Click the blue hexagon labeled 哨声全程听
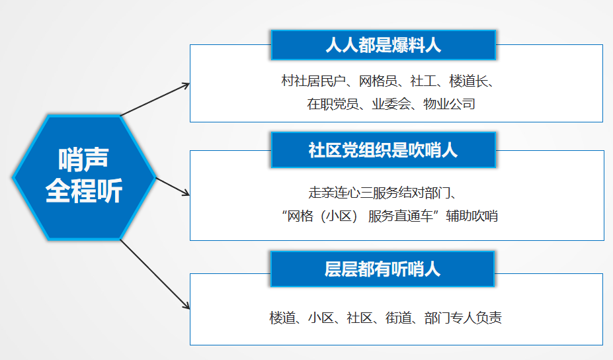(x=84, y=177)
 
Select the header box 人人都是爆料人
(x=383, y=45)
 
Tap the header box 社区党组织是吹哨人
(x=383, y=150)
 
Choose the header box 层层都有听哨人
(x=382, y=269)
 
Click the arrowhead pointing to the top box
(x=186, y=85)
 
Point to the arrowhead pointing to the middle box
(x=186, y=193)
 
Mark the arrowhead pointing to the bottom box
(x=186, y=306)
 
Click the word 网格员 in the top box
(x=378, y=81)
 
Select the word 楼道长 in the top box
(x=468, y=81)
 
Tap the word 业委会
(x=391, y=104)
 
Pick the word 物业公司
(x=449, y=104)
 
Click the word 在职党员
(x=333, y=104)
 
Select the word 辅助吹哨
(x=471, y=216)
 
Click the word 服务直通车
(x=400, y=216)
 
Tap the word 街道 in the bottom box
(x=398, y=318)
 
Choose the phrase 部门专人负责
(x=463, y=318)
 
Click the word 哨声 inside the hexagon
(x=83, y=159)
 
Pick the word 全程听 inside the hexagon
(x=84, y=191)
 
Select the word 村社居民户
(x=313, y=81)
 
